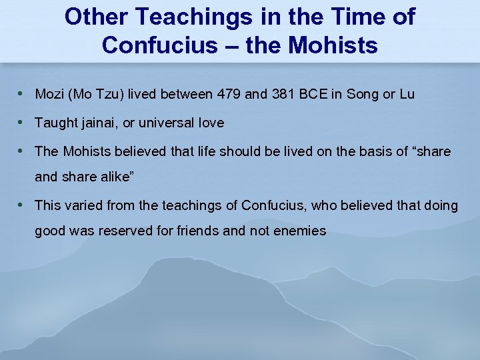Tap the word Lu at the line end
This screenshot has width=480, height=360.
[x=407, y=94]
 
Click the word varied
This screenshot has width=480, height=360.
[x=83, y=205]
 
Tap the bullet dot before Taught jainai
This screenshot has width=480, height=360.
[x=24, y=122]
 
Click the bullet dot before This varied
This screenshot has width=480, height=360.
[x=24, y=205]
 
